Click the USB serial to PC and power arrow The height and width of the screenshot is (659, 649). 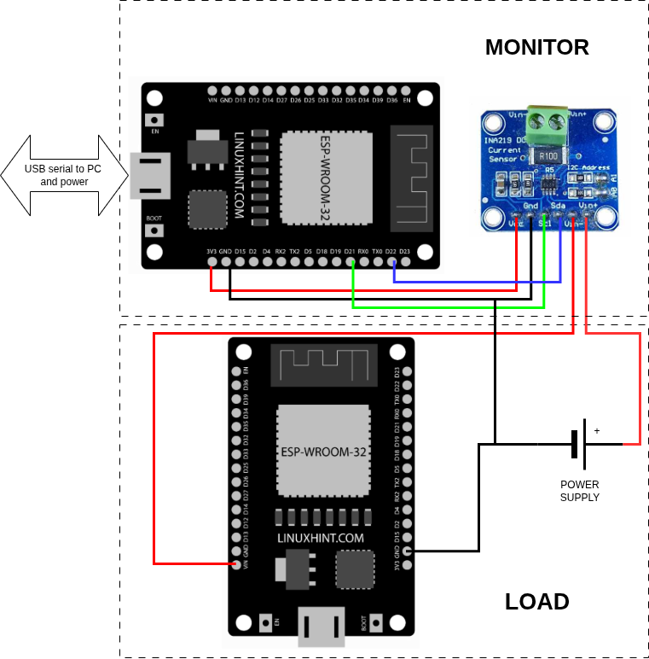click(64, 175)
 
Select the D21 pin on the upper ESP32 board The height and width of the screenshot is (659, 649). click(350, 260)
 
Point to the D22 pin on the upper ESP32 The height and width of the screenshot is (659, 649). click(391, 260)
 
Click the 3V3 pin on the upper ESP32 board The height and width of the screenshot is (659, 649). click(212, 260)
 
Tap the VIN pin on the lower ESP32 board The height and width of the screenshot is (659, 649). click(237, 564)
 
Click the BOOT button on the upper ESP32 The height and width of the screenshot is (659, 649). click(154, 230)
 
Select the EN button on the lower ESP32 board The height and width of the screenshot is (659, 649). click(265, 622)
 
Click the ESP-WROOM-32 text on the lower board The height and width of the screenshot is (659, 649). click(323, 452)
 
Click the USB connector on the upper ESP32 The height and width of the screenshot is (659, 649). click(149, 175)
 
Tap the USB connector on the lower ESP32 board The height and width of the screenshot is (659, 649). click(321, 627)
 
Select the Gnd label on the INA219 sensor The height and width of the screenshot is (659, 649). click(530, 206)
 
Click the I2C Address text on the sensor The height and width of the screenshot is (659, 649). click(589, 168)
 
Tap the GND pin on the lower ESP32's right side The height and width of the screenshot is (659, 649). click(408, 551)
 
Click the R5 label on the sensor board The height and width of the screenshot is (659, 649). click(549, 170)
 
